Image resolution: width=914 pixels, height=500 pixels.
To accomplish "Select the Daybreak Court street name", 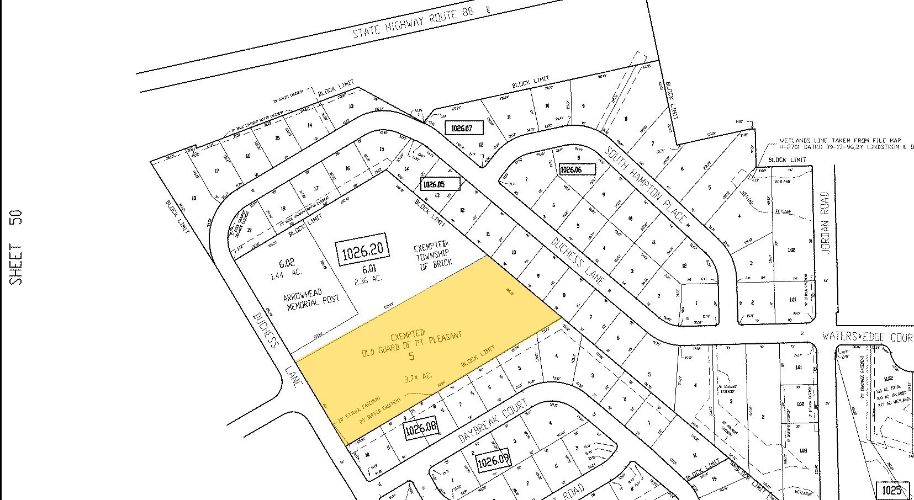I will point(494,423).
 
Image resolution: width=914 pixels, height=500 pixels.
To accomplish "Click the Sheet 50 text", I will point(17,247).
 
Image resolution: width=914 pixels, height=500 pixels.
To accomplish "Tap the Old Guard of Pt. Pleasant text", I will point(411,343).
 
